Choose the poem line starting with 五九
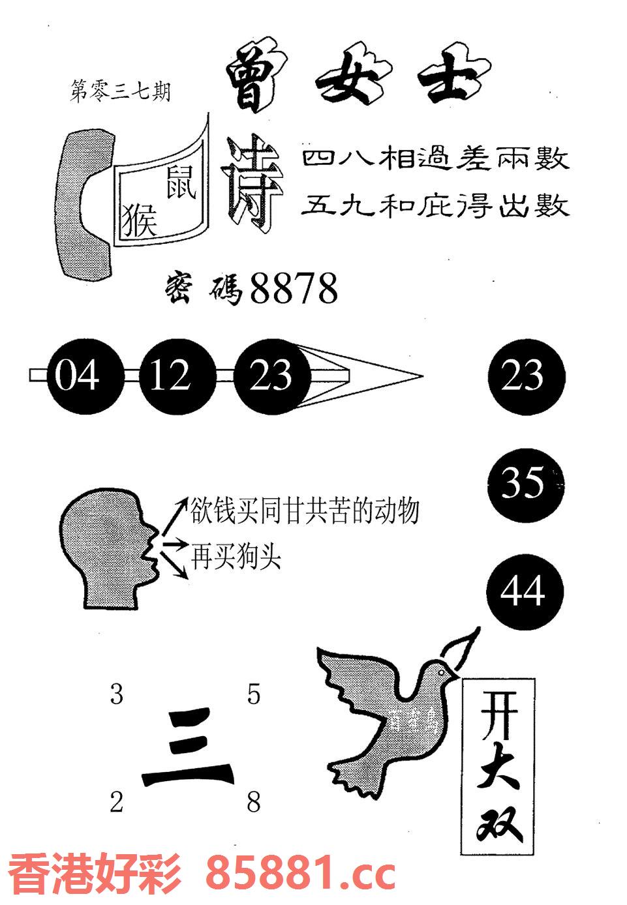[x=435, y=207]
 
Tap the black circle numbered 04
[x=77, y=376]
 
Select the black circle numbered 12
[x=170, y=376]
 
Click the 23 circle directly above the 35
[x=525, y=376]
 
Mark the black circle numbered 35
[x=525, y=483]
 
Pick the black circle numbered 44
[x=525, y=592]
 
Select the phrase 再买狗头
[x=236, y=557]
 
